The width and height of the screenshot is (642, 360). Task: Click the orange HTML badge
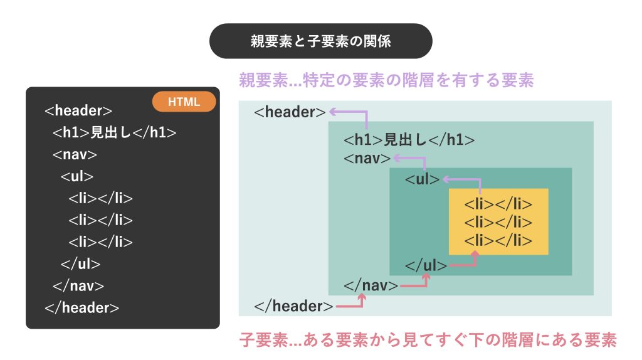click(184, 102)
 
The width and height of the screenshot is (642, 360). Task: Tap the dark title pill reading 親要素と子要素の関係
click(320, 41)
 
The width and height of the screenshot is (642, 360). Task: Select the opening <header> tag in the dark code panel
click(78, 110)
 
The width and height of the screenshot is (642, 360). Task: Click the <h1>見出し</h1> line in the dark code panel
click(114, 132)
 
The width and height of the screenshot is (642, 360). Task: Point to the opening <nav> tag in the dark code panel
click(75, 154)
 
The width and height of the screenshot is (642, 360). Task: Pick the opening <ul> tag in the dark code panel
click(77, 176)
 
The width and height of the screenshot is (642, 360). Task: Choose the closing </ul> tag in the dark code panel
click(81, 264)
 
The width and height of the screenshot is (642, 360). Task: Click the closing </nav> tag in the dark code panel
click(78, 285)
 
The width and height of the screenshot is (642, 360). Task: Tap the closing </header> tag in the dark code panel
click(82, 307)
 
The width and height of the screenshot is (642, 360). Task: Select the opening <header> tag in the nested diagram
click(290, 112)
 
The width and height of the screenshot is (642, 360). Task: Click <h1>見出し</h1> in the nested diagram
click(409, 140)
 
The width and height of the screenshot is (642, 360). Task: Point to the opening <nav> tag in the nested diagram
click(367, 158)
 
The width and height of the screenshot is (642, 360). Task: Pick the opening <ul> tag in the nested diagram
click(422, 179)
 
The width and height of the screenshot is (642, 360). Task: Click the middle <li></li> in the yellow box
click(498, 222)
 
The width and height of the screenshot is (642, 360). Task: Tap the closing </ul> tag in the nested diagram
click(426, 265)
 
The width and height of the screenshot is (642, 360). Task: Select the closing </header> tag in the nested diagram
click(293, 306)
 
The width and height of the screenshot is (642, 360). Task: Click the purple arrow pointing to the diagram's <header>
click(366, 112)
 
